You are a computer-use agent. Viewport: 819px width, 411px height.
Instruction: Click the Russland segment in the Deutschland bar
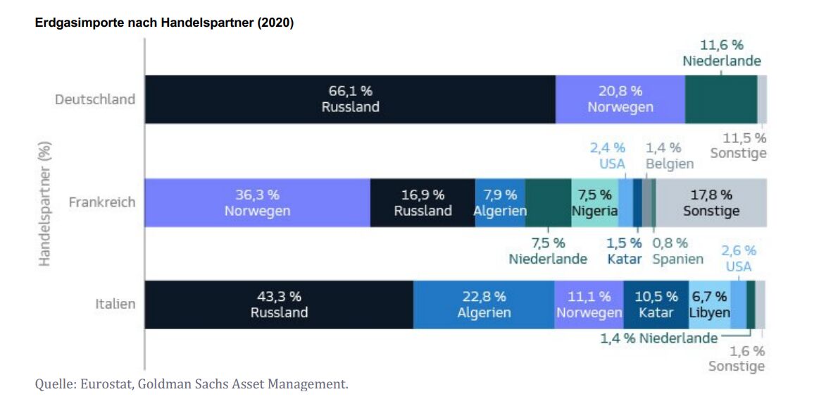pos(350,99)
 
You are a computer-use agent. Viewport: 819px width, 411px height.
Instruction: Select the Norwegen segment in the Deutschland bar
pos(620,99)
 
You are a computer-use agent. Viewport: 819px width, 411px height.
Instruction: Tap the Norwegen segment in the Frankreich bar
pos(257,202)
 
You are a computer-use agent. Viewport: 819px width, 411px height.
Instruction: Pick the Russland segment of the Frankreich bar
pos(423,202)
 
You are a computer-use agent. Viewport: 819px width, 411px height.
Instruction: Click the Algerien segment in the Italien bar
pos(484,305)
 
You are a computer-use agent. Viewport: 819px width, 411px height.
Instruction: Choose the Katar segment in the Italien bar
pos(656,305)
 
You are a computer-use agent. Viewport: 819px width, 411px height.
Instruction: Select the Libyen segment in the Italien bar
pos(709,305)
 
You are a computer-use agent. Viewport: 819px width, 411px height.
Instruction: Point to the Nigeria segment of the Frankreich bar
pos(594,202)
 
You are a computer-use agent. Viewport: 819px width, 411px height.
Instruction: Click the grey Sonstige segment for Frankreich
pos(711,202)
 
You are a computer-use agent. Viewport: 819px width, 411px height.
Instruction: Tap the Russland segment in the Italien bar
pos(279,305)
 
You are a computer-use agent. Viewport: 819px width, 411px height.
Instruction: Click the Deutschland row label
pos(95,99)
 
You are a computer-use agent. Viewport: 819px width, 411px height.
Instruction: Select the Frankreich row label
pos(101,202)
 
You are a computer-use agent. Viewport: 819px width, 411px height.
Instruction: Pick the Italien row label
pos(115,305)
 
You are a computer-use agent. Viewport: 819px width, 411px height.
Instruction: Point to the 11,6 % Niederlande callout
pos(722,54)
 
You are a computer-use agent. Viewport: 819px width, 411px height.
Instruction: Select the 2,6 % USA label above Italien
pos(738,259)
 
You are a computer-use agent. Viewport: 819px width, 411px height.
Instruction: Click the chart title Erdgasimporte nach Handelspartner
pos(164,23)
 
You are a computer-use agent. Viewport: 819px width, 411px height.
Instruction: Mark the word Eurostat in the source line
pos(106,384)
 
